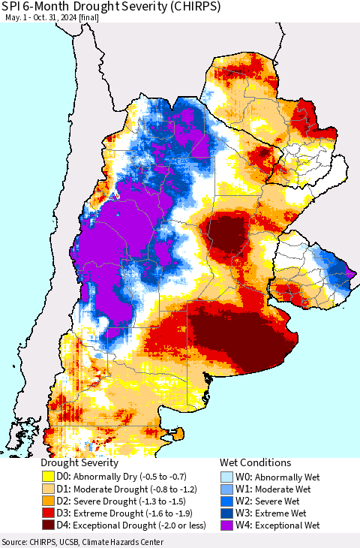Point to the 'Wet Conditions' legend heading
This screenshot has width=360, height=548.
click(255, 462)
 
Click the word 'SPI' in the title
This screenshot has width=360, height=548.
click(13, 7)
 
